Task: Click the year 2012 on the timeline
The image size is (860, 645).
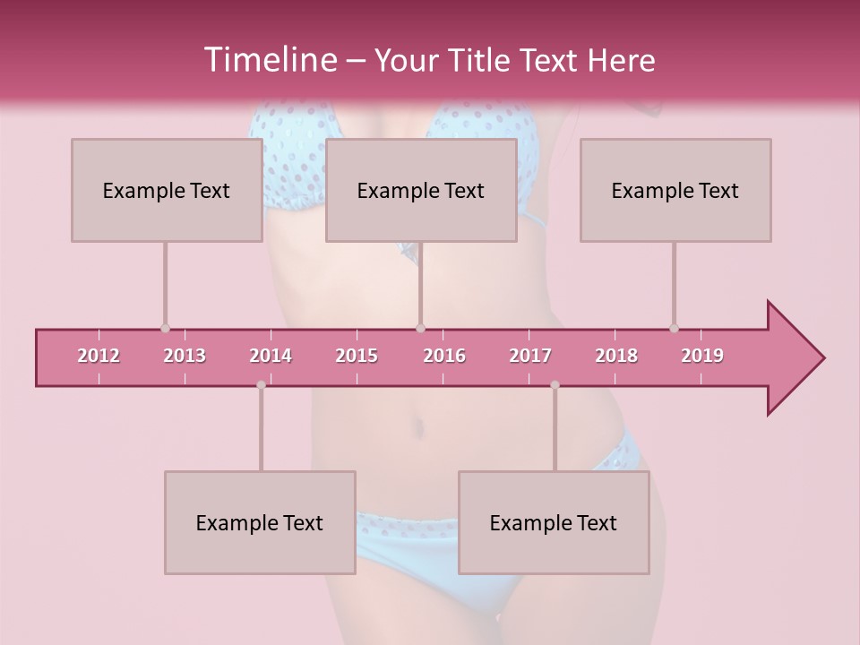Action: tap(99, 356)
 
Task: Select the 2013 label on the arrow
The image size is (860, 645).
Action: tap(185, 356)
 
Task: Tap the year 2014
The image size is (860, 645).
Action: tap(271, 356)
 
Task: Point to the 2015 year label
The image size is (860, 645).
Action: tap(357, 356)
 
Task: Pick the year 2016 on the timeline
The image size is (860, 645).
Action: tap(444, 356)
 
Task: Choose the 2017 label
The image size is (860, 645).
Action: tap(530, 356)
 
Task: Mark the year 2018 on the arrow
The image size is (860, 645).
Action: tap(616, 356)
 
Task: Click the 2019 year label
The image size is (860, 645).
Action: tap(702, 356)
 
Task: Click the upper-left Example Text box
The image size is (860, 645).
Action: tap(166, 190)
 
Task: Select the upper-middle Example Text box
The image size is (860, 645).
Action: tap(421, 190)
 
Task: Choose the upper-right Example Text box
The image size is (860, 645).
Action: tap(675, 190)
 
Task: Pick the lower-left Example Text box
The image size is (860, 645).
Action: tap(260, 522)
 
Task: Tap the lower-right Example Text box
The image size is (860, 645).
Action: tap(554, 522)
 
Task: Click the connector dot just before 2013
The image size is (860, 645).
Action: tap(165, 329)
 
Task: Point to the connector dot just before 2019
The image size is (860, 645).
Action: tap(674, 329)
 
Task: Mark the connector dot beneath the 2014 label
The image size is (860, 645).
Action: tap(261, 385)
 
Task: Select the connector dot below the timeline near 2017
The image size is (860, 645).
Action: tap(555, 385)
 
